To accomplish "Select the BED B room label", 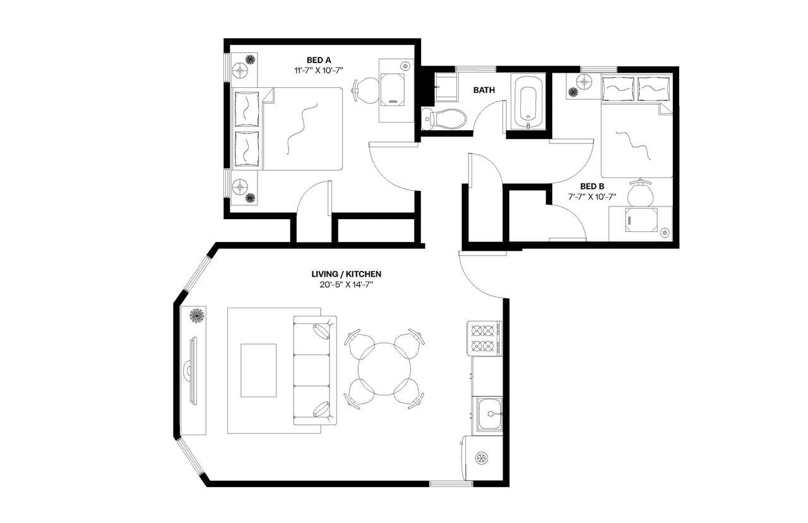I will (x=593, y=186).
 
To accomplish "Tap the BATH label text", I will (x=484, y=90).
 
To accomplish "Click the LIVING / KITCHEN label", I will (x=347, y=274).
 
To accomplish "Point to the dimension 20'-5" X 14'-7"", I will (x=347, y=285).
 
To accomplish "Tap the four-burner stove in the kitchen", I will (x=484, y=338).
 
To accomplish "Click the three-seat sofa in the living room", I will (x=314, y=370).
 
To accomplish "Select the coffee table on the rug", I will (x=259, y=370).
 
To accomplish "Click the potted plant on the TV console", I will (x=197, y=315).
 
